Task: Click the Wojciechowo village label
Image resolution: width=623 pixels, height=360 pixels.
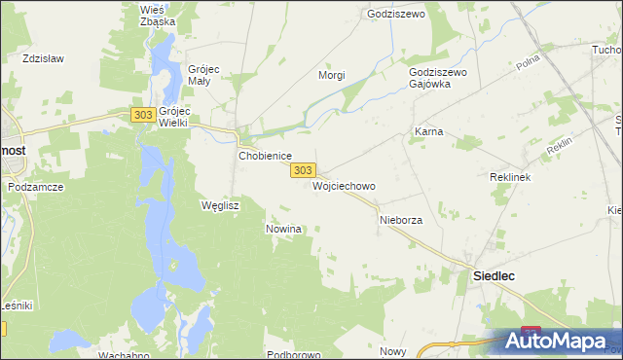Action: (x=344, y=185)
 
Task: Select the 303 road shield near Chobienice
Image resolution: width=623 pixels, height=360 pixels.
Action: (x=303, y=170)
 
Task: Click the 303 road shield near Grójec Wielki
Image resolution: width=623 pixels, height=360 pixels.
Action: (x=142, y=115)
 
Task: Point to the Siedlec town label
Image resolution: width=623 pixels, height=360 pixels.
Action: (x=494, y=276)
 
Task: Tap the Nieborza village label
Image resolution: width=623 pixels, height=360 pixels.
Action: (x=400, y=221)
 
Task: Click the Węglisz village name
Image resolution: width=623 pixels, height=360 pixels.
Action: (x=219, y=205)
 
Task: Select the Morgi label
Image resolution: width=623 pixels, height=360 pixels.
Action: (x=332, y=75)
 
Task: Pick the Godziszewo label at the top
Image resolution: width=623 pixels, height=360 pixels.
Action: (x=391, y=15)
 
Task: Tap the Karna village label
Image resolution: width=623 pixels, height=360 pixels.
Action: (x=428, y=130)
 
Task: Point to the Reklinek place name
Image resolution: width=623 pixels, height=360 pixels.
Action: (x=508, y=178)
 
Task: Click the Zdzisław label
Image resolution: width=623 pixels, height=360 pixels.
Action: (x=43, y=58)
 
